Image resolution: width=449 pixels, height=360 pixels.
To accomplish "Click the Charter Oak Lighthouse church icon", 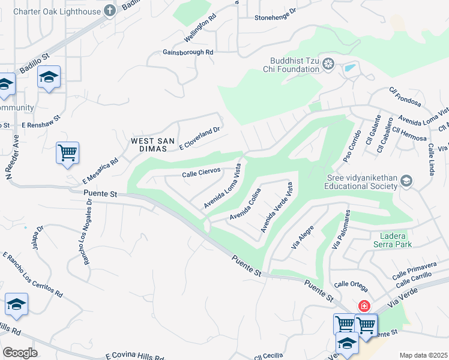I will pyautogui.click(x=109, y=10).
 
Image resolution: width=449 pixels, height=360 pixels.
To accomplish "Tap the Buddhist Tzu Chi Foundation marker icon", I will pyautogui.click(x=328, y=64).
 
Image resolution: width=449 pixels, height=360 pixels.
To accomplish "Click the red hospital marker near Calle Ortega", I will pyautogui.click(x=364, y=307).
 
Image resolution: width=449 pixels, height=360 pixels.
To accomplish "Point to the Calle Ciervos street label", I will pyautogui.click(x=201, y=173).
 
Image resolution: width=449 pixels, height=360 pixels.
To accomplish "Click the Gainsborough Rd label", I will pyautogui.click(x=188, y=52).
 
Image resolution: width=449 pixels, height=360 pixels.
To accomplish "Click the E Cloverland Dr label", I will pyautogui.click(x=201, y=138).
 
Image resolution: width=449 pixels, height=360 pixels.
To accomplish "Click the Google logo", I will pyautogui.click(x=20, y=352).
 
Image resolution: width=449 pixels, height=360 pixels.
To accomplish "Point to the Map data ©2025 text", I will pyautogui.click(x=423, y=355).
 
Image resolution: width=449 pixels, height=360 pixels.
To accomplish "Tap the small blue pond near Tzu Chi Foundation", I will pyautogui.click(x=349, y=67).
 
